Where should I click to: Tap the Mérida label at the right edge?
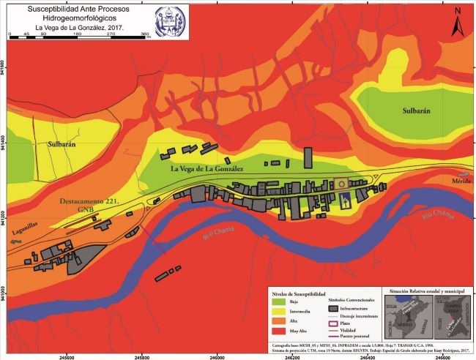click(x=461, y=180)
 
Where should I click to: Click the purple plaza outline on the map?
click(x=341, y=182)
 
